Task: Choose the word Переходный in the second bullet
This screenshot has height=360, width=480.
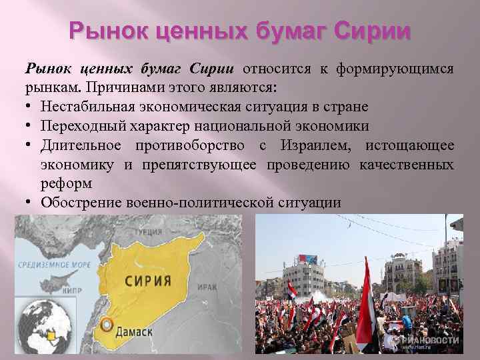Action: [72, 126]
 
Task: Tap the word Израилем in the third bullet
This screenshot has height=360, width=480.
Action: [323, 145]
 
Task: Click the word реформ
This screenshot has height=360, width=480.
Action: [65, 183]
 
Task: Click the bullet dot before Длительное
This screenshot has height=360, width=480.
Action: [31, 145]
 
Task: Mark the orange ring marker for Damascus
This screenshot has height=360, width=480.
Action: [105, 326]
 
